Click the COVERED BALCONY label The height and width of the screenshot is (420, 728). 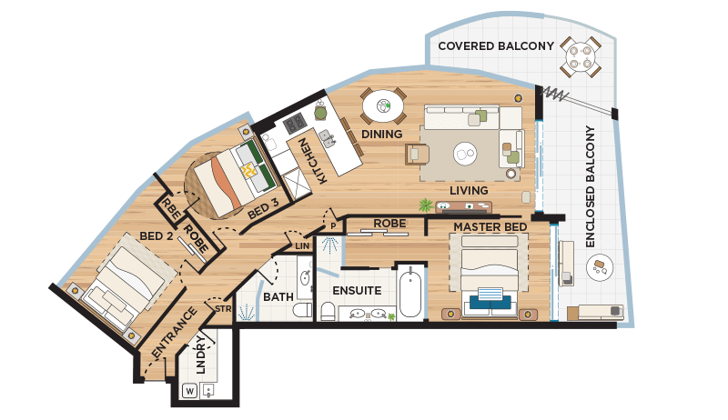(x=496, y=45)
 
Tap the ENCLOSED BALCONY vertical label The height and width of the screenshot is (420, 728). (x=590, y=186)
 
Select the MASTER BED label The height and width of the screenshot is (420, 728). (x=490, y=227)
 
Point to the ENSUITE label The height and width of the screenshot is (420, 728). (x=357, y=291)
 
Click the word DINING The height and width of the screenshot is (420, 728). (x=381, y=134)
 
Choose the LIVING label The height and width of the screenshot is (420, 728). (x=469, y=191)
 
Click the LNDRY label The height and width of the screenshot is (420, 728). (x=200, y=355)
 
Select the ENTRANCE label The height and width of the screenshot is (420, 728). (x=174, y=333)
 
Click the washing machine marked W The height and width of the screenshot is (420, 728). (x=190, y=391)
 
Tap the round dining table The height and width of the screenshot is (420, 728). (x=383, y=106)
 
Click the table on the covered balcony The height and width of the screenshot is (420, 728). (x=581, y=57)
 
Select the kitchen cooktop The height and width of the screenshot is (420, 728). (x=294, y=124)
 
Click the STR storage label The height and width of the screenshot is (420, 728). (x=223, y=309)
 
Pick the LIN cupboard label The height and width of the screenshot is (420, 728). (x=302, y=246)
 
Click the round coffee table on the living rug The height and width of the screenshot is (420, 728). (x=465, y=153)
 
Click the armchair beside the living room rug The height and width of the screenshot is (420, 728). (x=418, y=155)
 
